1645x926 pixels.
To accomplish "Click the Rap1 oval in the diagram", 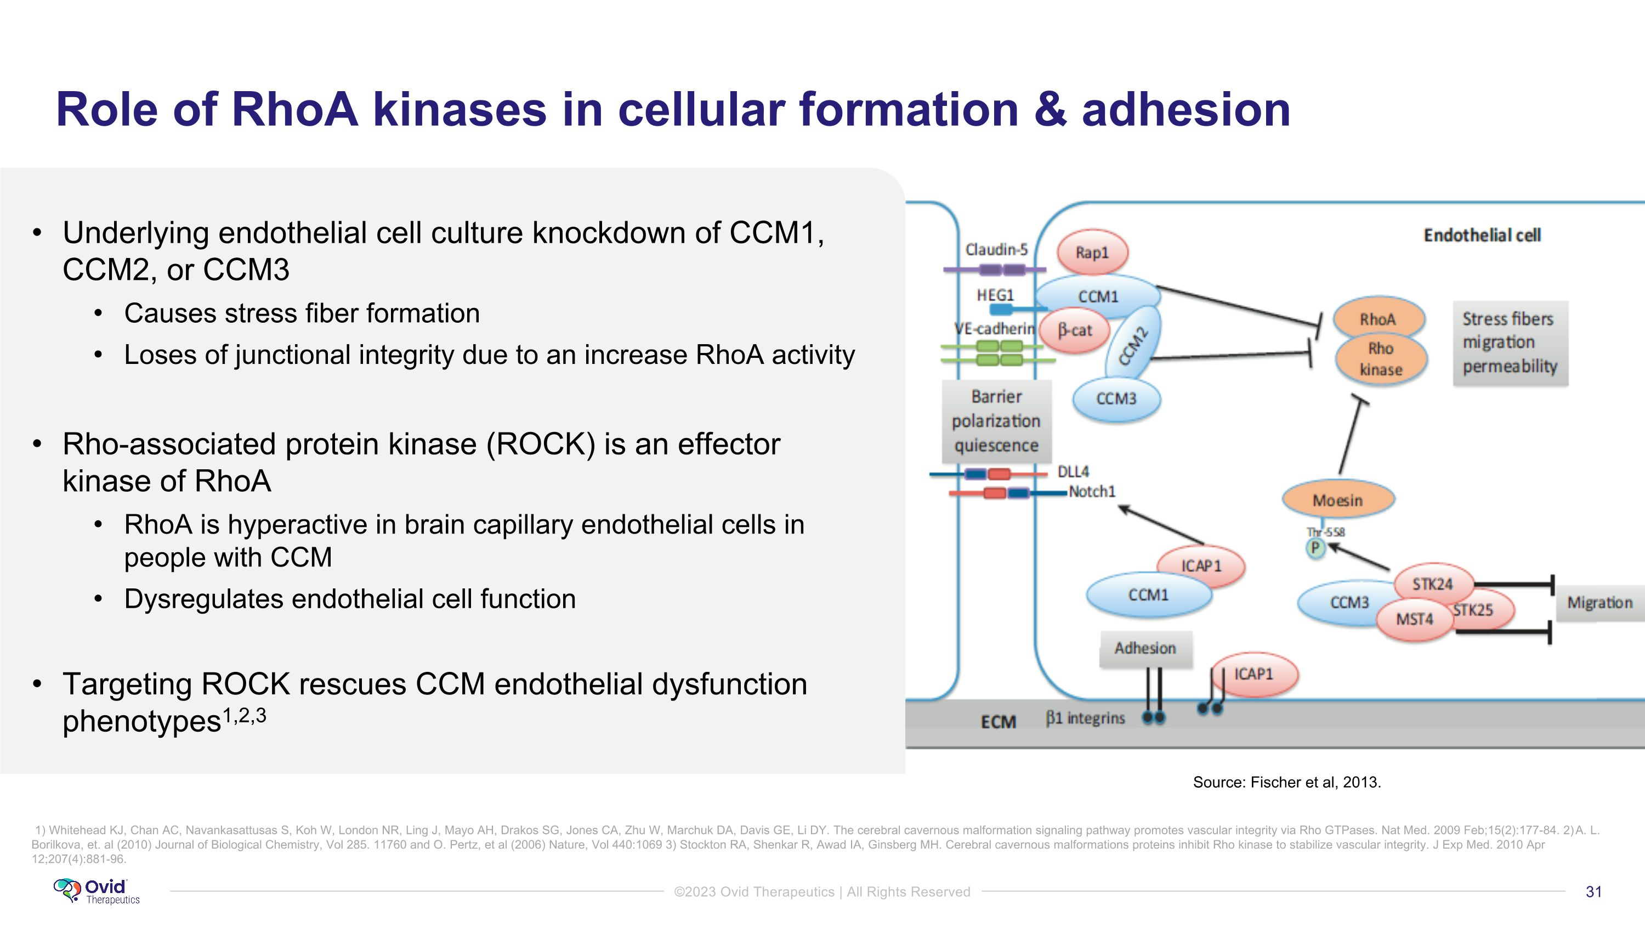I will pos(1092,252).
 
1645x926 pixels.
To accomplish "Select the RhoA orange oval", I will pos(1378,319).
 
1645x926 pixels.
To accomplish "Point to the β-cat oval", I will pos(1075,330).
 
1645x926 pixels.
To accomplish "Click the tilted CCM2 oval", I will pos(1133,346).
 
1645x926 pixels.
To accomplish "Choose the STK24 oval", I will pos(1432,583).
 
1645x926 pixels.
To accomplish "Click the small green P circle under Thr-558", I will pos(1315,548).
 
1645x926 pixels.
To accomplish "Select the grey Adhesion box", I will pos(1145,649).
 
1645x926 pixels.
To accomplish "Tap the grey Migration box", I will pos(1599,603).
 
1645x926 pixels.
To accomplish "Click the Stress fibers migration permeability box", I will pos(1510,343).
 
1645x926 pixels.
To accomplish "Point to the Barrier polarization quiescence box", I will pos(996,421).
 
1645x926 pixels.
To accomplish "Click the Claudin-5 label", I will pos(996,249).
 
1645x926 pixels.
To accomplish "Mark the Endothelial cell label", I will pos(1482,235).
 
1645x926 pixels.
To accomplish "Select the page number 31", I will pos(1593,891).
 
